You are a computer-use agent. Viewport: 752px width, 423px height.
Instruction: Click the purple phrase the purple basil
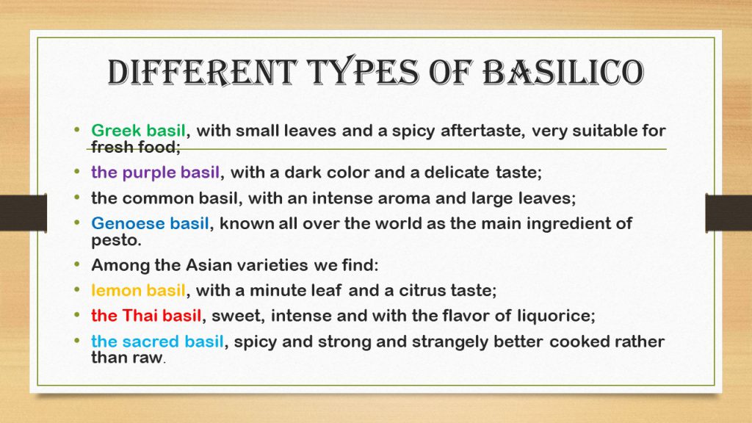155,173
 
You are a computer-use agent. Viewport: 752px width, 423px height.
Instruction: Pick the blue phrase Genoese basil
151,223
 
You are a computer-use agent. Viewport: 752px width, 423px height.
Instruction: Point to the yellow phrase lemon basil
139,290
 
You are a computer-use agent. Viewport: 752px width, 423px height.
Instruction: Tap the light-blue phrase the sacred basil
157,341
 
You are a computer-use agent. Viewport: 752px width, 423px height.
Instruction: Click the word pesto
116,239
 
